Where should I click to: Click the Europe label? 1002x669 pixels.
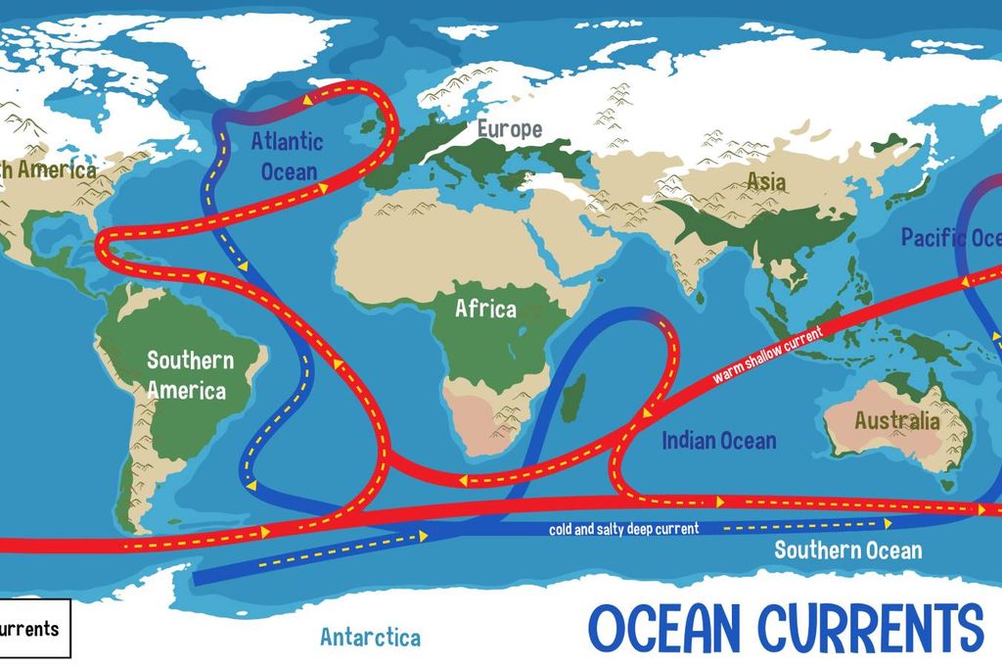[509, 128]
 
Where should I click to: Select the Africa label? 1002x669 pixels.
[485, 310]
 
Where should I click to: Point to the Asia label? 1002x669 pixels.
[766, 181]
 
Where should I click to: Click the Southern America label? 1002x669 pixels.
[190, 375]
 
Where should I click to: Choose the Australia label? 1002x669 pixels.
[896, 421]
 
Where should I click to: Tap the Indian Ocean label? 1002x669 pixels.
[719, 441]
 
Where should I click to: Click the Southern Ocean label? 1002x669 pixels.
[847, 550]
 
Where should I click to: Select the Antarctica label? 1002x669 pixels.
[370, 638]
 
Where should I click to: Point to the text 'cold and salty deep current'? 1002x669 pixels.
[623, 529]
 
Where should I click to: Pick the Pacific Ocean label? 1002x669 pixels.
[949, 238]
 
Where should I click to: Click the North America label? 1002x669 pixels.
[49, 169]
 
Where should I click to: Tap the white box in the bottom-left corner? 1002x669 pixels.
[34, 628]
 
